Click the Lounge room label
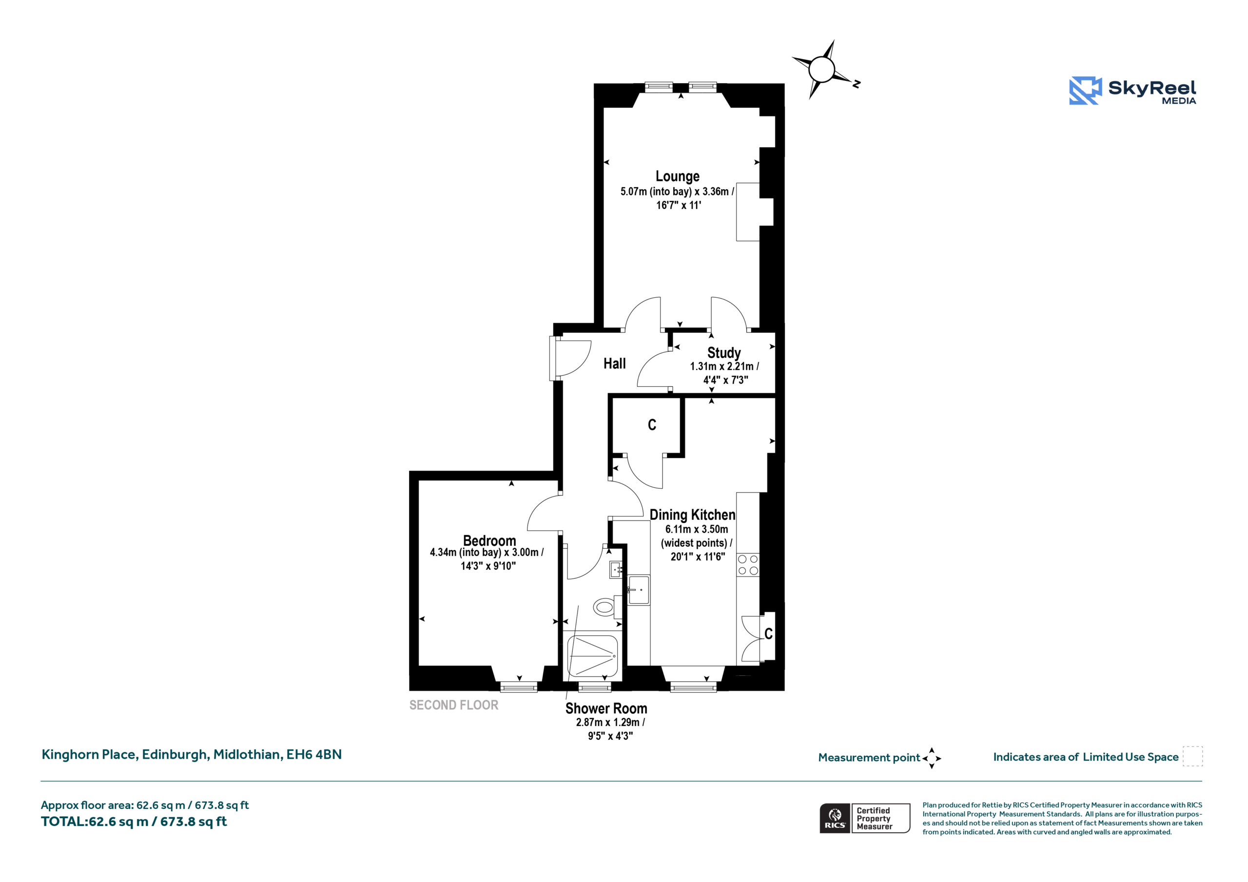coord(677,176)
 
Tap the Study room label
coord(724,353)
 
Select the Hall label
coord(615,364)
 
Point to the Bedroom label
coord(489,541)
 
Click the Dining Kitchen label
coord(692,515)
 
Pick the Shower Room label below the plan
coord(606,709)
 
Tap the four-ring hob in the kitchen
coord(748,565)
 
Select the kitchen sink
coord(639,590)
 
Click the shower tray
coord(592,656)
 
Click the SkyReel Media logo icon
coord(1086,90)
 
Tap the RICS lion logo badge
coord(835,818)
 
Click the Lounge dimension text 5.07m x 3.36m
coord(677,192)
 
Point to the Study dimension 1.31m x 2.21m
coord(724,366)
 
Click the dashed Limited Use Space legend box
coord(1192,756)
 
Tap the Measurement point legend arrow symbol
coord(932,758)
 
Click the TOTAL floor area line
coord(134,822)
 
